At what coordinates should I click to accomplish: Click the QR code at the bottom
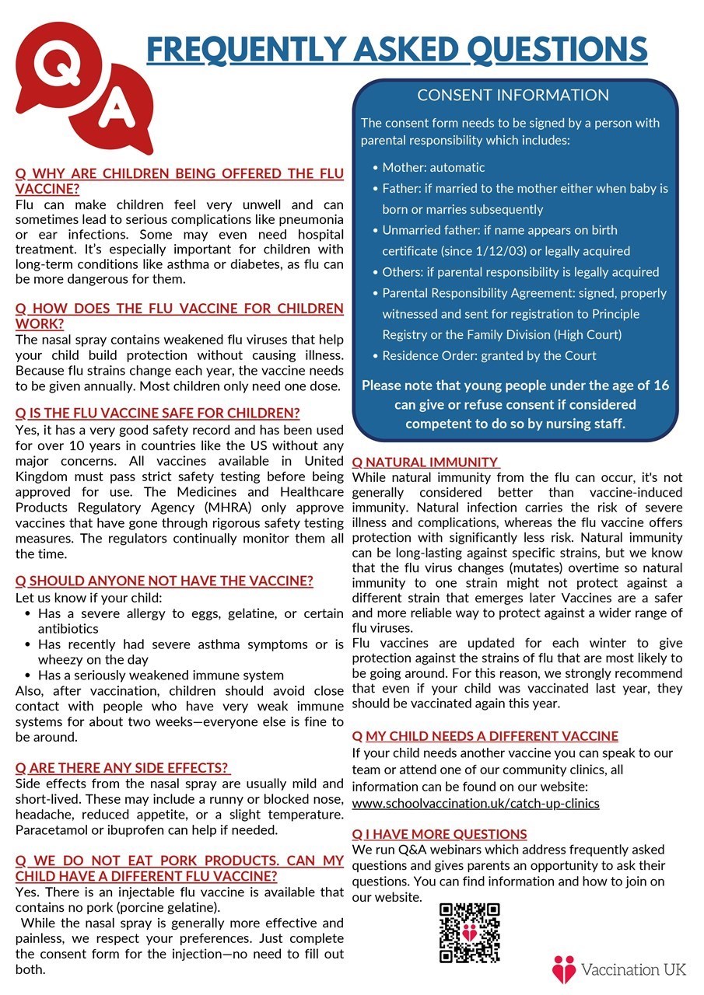[469, 932]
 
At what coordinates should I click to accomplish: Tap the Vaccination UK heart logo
[564, 969]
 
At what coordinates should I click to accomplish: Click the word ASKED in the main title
[403, 51]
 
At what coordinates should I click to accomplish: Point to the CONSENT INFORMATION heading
[513, 96]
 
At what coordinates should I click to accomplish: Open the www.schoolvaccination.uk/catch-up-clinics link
[475, 803]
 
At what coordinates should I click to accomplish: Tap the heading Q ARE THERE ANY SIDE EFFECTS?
[123, 768]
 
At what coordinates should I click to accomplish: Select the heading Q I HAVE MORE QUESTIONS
[440, 834]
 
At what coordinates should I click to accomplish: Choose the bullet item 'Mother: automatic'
[433, 167]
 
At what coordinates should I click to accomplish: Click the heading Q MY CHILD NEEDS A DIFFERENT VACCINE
[485, 736]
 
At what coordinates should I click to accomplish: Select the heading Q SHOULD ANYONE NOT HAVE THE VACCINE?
[164, 581]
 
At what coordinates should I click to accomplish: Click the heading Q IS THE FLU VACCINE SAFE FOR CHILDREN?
[157, 414]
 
